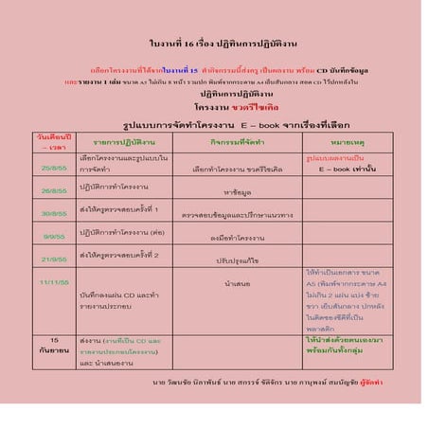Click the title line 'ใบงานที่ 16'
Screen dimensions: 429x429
tap(213, 44)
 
